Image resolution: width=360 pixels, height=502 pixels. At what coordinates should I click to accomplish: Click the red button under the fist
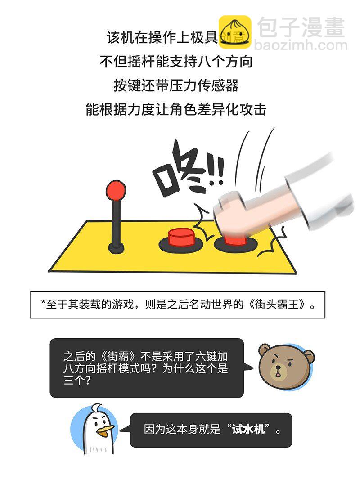234,239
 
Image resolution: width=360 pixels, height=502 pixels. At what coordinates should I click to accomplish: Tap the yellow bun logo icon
234,32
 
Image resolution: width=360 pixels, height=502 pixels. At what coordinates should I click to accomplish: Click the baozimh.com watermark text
301,45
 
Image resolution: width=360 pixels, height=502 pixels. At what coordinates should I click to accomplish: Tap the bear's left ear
265,350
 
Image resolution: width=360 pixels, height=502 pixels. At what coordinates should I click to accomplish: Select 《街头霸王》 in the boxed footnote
277,305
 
